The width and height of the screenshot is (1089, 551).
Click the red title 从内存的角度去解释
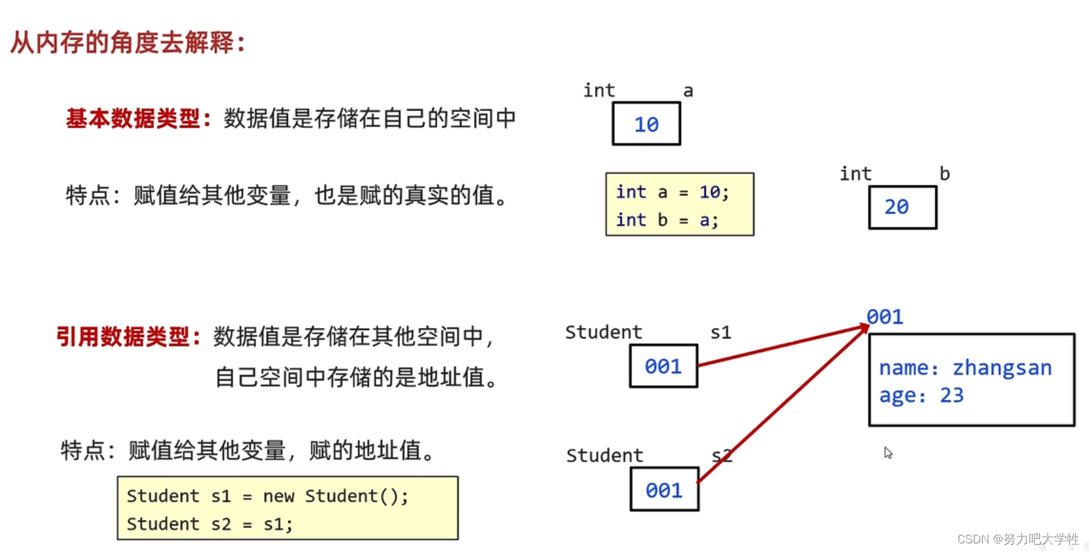127,43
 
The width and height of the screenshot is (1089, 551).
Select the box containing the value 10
646,124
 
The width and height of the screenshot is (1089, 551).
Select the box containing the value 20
902,207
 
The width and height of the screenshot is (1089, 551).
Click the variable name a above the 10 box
688,91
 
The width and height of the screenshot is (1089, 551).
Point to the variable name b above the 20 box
945,174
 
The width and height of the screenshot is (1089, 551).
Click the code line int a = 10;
672,192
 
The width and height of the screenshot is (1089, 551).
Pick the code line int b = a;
667,220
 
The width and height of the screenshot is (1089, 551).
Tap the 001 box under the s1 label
663,366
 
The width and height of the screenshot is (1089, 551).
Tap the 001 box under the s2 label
664,489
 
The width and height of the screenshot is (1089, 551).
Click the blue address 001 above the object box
885,316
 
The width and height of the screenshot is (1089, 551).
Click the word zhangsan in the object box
1002,368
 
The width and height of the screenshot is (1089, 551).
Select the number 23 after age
952,395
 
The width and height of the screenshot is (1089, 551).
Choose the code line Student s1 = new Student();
267,496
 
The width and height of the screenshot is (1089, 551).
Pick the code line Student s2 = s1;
210,524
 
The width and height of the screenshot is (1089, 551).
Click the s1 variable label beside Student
721,332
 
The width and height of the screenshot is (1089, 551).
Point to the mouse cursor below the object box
888,452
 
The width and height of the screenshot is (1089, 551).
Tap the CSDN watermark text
1017,539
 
